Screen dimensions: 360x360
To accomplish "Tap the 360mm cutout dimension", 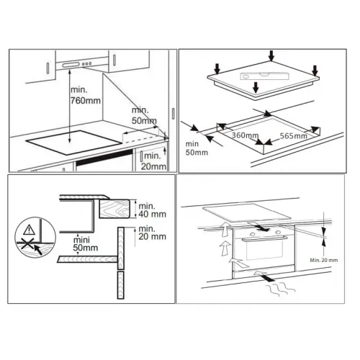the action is point(245,135).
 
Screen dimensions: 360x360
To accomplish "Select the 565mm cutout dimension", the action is point(294,136).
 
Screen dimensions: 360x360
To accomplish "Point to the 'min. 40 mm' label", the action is point(152,210).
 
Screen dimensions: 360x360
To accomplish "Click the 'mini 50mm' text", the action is point(86,243).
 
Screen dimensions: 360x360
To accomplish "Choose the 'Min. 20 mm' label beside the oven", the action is point(324,260).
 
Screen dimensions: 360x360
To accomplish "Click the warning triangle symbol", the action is point(29,230).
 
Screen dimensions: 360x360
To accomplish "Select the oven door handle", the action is point(265,238).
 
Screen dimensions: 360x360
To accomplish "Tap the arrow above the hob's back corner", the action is point(271,55).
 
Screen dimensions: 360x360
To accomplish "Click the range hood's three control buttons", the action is point(86,64).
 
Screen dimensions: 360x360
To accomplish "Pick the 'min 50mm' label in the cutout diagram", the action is point(197,148).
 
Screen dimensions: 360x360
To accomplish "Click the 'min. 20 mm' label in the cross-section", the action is point(152,233).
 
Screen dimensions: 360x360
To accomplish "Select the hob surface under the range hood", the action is point(73,143).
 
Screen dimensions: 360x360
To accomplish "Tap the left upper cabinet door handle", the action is point(48,68).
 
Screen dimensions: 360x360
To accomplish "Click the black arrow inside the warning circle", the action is point(38,250).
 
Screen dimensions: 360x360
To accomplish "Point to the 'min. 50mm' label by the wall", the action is point(144,115).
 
